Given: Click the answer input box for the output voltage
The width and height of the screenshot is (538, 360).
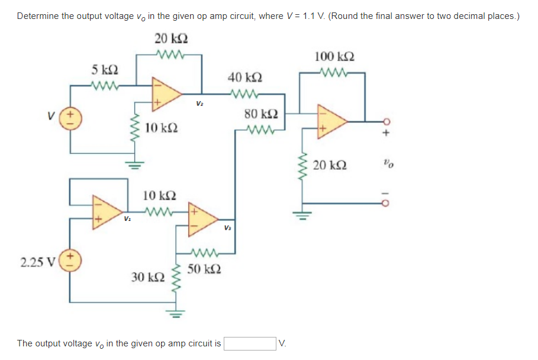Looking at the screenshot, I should click(249, 343).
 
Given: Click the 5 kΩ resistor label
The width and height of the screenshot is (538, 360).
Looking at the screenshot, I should click(105, 70).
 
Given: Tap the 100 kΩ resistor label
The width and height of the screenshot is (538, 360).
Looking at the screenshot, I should click(334, 57).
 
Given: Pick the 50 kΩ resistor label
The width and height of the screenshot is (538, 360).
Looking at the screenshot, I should click(203, 269).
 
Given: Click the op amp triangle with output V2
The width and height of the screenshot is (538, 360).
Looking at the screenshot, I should click(165, 92).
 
